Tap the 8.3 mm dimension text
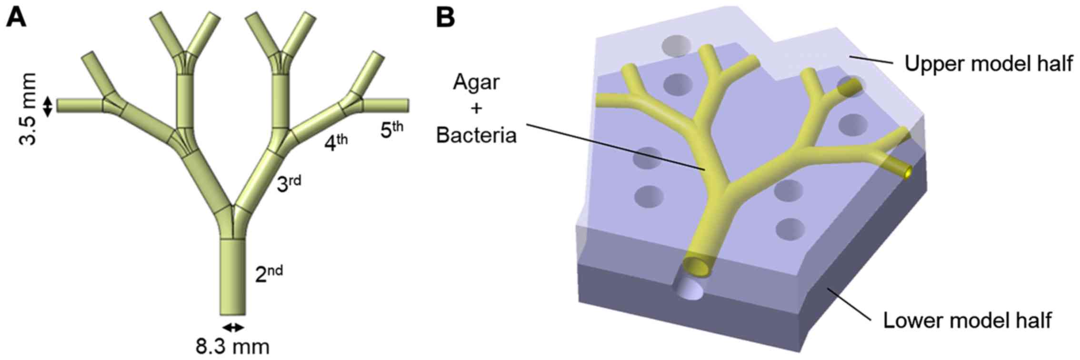pos(232,346)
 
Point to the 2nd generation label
pos(269,274)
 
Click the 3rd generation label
pos(289,183)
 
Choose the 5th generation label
pos(392,130)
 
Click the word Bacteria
pos(477,135)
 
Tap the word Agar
pos(477,82)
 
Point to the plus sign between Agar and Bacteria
pos(477,109)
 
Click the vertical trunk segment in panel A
pos(233,276)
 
